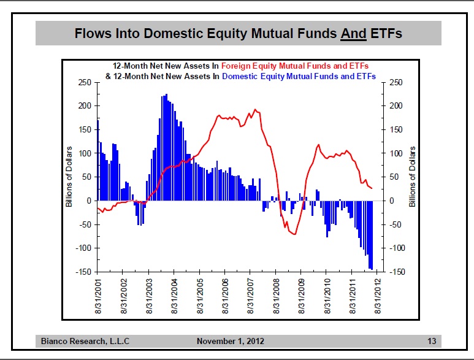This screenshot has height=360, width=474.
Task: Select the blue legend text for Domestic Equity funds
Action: pos(299,77)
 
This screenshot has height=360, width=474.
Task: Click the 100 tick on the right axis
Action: pos(396,153)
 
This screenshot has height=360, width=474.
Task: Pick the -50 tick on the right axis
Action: pos(396,224)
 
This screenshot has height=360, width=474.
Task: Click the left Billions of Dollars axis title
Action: pos(69,176)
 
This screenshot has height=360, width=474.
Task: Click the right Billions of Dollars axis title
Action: pos(412,176)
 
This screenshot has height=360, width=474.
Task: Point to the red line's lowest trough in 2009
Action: pos(294,234)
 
